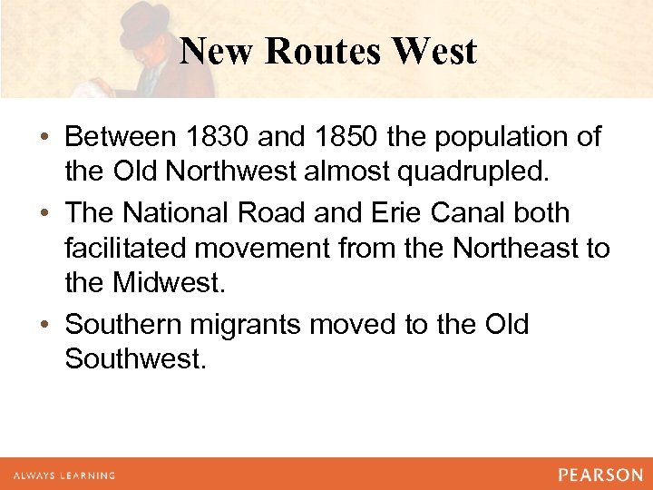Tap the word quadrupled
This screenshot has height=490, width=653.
point(479,174)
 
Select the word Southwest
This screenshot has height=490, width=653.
point(136,360)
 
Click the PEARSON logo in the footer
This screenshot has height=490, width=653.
point(600,475)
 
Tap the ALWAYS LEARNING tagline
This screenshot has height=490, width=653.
point(63,475)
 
